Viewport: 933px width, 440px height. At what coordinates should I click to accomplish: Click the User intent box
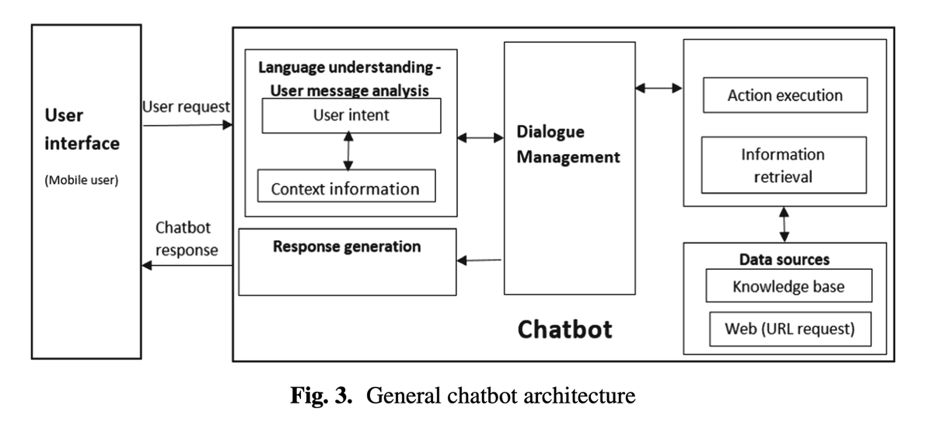(x=351, y=116)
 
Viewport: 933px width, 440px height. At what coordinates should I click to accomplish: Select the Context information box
(x=347, y=186)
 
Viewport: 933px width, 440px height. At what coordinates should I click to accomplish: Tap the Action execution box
(x=785, y=95)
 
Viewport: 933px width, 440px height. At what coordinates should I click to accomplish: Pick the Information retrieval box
(x=784, y=166)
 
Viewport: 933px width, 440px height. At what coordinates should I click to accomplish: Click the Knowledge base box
(x=788, y=285)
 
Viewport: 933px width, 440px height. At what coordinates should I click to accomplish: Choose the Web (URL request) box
(x=790, y=329)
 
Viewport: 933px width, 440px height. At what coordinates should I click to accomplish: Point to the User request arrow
(x=188, y=125)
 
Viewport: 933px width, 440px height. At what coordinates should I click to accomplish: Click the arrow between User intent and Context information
(x=348, y=151)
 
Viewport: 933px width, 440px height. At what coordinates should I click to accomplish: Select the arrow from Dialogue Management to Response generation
(x=479, y=260)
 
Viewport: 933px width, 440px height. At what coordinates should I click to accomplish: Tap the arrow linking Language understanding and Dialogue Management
(x=480, y=138)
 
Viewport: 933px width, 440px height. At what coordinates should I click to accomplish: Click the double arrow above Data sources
(x=784, y=225)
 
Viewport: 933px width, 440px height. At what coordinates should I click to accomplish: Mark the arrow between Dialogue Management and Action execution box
(x=659, y=89)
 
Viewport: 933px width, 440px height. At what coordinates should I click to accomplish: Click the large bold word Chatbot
(x=564, y=330)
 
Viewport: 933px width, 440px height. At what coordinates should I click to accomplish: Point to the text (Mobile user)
(x=82, y=180)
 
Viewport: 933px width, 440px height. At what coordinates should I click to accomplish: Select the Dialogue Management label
(x=568, y=145)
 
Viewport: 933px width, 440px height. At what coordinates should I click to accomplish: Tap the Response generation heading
(x=347, y=246)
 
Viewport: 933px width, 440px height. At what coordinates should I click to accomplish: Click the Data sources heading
(x=784, y=260)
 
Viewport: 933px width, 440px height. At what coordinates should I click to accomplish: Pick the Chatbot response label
(x=187, y=239)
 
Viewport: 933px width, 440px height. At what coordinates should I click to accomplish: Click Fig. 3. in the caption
(x=321, y=395)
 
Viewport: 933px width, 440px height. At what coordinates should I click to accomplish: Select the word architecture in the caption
(x=579, y=396)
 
